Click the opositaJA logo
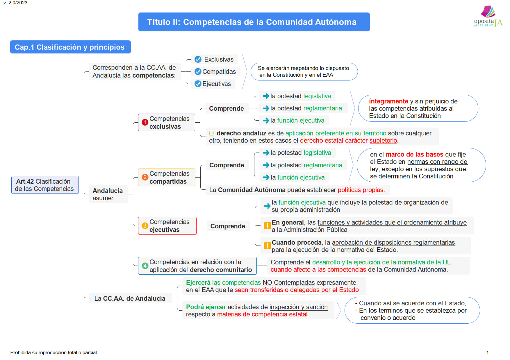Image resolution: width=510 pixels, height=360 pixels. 488,17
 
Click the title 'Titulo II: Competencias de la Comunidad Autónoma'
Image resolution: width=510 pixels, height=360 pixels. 252,22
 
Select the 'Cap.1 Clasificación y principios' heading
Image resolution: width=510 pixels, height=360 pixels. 70,47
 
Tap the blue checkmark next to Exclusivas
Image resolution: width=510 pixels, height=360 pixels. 198,60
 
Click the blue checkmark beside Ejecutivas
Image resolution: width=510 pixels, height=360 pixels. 198,84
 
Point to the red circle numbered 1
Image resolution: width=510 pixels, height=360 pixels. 145,122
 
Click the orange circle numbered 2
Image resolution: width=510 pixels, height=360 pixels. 145,177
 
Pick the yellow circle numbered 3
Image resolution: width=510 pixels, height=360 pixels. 145,225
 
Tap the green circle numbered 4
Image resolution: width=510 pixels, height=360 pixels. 145,266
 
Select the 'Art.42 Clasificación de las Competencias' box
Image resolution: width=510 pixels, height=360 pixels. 45,185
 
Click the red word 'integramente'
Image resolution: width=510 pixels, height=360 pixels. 388,101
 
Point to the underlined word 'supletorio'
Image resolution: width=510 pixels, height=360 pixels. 383,141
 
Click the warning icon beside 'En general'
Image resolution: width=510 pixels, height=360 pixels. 267,226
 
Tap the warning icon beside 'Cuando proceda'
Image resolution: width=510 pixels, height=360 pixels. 267,246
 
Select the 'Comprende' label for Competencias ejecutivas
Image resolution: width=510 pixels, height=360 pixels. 228,226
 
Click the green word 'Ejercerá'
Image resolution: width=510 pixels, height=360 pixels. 198,283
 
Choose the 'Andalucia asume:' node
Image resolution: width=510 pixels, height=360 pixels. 108,194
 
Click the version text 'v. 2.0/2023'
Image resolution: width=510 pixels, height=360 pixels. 15,3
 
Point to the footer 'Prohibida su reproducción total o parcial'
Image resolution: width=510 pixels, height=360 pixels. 54,352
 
